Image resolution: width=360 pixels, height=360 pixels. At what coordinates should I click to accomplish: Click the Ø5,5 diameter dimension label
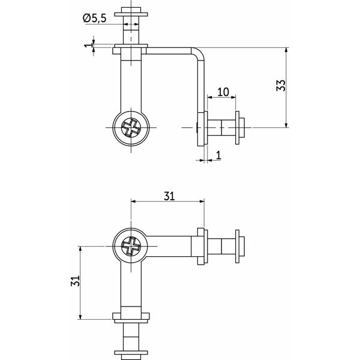click(x=95, y=18)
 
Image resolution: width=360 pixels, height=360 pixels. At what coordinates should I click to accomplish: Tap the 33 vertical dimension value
click(x=281, y=85)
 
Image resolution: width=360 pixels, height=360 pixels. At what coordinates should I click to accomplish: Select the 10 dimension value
click(x=223, y=92)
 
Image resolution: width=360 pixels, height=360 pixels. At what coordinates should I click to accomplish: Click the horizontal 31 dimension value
click(x=169, y=196)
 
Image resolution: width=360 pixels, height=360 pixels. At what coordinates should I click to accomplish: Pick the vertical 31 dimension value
click(x=76, y=281)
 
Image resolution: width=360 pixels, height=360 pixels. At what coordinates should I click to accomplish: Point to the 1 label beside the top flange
click(x=88, y=44)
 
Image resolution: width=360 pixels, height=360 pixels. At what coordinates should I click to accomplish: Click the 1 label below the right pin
click(x=218, y=155)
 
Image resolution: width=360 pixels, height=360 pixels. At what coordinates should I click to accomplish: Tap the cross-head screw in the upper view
click(x=131, y=128)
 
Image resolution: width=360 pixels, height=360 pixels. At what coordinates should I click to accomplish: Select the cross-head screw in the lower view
click(x=131, y=246)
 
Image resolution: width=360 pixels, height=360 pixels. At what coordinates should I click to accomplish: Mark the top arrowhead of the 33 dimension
click(x=286, y=50)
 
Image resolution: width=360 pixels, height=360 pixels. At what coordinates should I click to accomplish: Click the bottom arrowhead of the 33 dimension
click(x=286, y=125)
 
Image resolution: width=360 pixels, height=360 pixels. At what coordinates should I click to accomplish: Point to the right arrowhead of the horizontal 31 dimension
click(x=202, y=202)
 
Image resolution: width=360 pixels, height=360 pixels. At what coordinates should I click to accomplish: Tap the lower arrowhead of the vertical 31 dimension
click(x=80, y=317)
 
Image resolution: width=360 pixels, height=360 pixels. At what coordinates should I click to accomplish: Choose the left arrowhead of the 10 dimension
click(x=210, y=97)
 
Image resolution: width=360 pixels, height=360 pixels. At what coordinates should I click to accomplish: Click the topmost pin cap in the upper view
click(x=131, y=12)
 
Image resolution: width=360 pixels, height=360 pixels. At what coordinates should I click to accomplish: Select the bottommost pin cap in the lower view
click(x=131, y=355)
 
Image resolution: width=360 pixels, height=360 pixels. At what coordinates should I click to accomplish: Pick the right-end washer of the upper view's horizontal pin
click(x=238, y=128)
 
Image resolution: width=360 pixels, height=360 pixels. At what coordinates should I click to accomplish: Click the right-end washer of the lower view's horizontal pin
click(x=238, y=246)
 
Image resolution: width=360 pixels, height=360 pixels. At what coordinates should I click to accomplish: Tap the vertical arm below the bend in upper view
click(x=201, y=86)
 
